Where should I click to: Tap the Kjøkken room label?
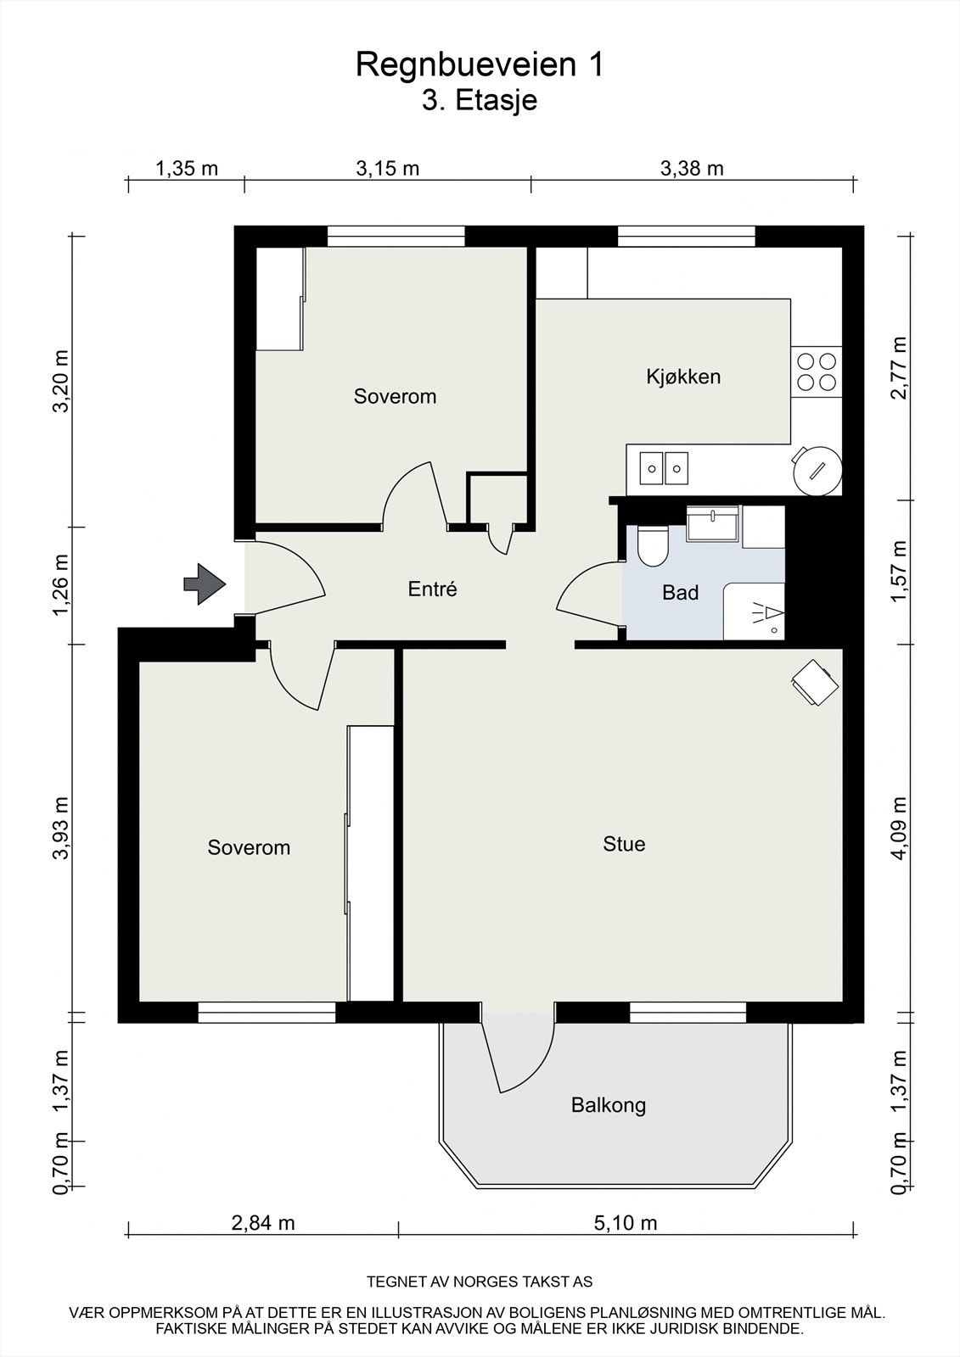pyautogui.click(x=683, y=377)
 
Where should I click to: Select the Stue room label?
pyautogui.click(x=624, y=844)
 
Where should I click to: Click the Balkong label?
pyautogui.click(x=609, y=1105)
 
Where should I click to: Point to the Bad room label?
pyautogui.click(x=681, y=593)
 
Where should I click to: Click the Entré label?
pyautogui.click(x=432, y=589)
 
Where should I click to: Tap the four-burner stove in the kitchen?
pyautogui.click(x=817, y=372)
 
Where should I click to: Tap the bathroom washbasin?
pyautogui.click(x=712, y=524)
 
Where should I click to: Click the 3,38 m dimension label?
pyautogui.click(x=692, y=169)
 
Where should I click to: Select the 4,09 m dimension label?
pyautogui.click(x=900, y=828)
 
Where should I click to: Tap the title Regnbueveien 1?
pyautogui.click(x=480, y=64)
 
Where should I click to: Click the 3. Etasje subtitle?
pyautogui.click(x=480, y=101)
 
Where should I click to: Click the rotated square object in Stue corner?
pyautogui.click(x=815, y=682)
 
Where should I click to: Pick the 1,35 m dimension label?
pyautogui.click(x=187, y=169)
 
